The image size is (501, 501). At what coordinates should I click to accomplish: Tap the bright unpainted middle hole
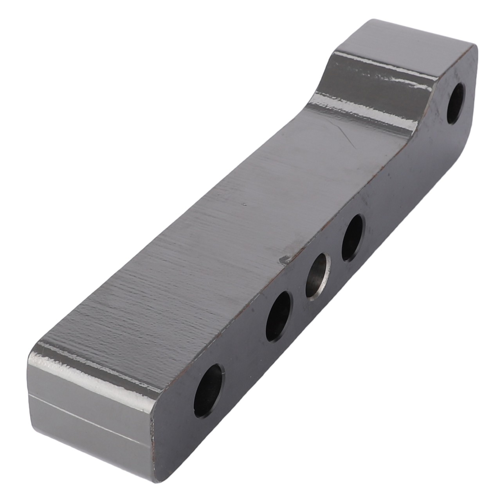pyautogui.click(x=318, y=276)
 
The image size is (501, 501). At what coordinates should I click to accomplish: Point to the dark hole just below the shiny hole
pyautogui.click(x=279, y=316)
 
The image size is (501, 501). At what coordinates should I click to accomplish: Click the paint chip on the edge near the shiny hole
pyautogui.click(x=284, y=259)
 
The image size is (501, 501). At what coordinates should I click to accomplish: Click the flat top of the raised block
pyautogui.click(x=403, y=39)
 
